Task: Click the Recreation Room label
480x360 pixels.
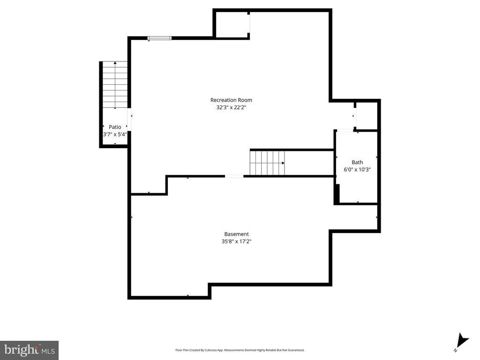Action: click(231, 100)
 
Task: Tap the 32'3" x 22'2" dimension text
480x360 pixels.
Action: click(231, 107)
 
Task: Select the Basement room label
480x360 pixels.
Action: click(236, 234)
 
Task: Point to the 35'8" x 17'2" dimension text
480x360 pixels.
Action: click(236, 241)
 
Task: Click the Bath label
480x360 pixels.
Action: click(357, 162)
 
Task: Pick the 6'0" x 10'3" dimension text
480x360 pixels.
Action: click(357, 170)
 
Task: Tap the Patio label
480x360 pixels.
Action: click(115, 127)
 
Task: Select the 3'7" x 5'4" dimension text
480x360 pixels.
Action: click(115, 135)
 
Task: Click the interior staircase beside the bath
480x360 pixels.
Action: click(267, 163)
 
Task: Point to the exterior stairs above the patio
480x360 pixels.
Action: click(115, 84)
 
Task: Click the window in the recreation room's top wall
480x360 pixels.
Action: click(159, 38)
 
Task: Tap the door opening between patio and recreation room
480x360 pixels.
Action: click(129, 119)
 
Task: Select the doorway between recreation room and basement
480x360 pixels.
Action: click(234, 176)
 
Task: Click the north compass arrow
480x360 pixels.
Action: click(462, 340)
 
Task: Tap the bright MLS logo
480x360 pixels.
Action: click(30, 350)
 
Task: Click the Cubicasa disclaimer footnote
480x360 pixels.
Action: click(240, 350)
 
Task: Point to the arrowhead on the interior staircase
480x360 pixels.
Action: click(283, 163)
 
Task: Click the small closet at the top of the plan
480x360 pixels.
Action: click(232, 25)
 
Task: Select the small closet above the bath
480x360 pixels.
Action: click(367, 116)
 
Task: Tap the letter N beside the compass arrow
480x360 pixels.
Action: click(456, 350)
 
